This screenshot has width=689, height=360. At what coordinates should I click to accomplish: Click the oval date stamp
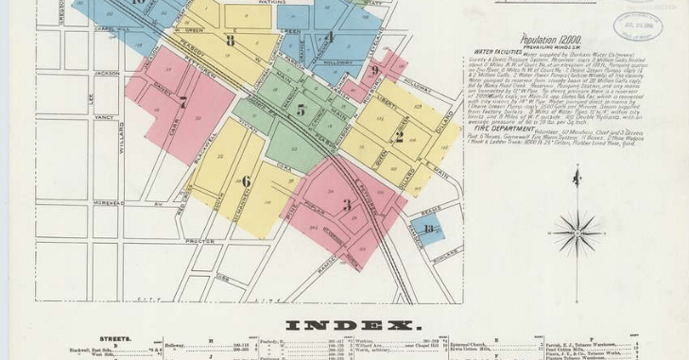[x=638, y=26]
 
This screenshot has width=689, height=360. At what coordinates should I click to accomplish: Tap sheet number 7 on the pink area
[x=182, y=102]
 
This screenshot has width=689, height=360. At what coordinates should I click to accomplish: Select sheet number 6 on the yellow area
[x=246, y=180]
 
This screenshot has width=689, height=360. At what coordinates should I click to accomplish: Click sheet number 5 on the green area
[x=301, y=110]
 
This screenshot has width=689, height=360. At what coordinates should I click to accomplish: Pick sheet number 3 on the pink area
[x=347, y=205]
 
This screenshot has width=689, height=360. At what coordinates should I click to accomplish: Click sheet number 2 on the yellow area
[x=399, y=135]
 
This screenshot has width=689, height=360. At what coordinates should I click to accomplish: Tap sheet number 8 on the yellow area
[x=231, y=41]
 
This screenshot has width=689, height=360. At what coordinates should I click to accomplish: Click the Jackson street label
[x=108, y=72]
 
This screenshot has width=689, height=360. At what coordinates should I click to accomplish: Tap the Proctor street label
[x=197, y=241]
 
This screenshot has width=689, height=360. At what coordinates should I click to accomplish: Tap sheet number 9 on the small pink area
[x=375, y=70]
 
